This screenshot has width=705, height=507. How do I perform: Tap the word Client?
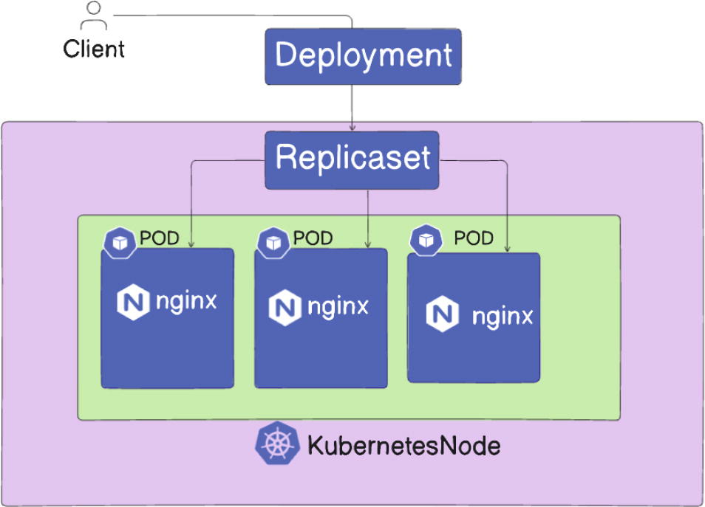[x=94, y=49]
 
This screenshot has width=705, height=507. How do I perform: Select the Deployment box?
[x=363, y=56]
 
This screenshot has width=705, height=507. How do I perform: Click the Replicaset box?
[x=352, y=159]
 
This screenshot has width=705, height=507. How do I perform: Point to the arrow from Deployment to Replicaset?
[x=352, y=107]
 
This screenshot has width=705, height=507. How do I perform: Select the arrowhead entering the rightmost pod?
[x=508, y=247]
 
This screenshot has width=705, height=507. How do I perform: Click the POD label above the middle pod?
[x=313, y=239]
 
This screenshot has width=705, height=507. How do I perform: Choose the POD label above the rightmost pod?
[x=473, y=239]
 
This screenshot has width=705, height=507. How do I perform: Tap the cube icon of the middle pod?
[x=272, y=242]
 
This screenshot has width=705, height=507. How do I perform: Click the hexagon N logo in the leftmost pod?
[x=133, y=302]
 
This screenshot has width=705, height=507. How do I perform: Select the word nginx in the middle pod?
[x=338, y=307]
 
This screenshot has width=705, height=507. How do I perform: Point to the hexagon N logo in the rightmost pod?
[x=441, y=315]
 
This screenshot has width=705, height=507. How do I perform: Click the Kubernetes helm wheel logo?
[x=277, y=445]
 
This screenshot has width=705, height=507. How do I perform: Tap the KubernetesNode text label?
[x=403, y=446]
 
